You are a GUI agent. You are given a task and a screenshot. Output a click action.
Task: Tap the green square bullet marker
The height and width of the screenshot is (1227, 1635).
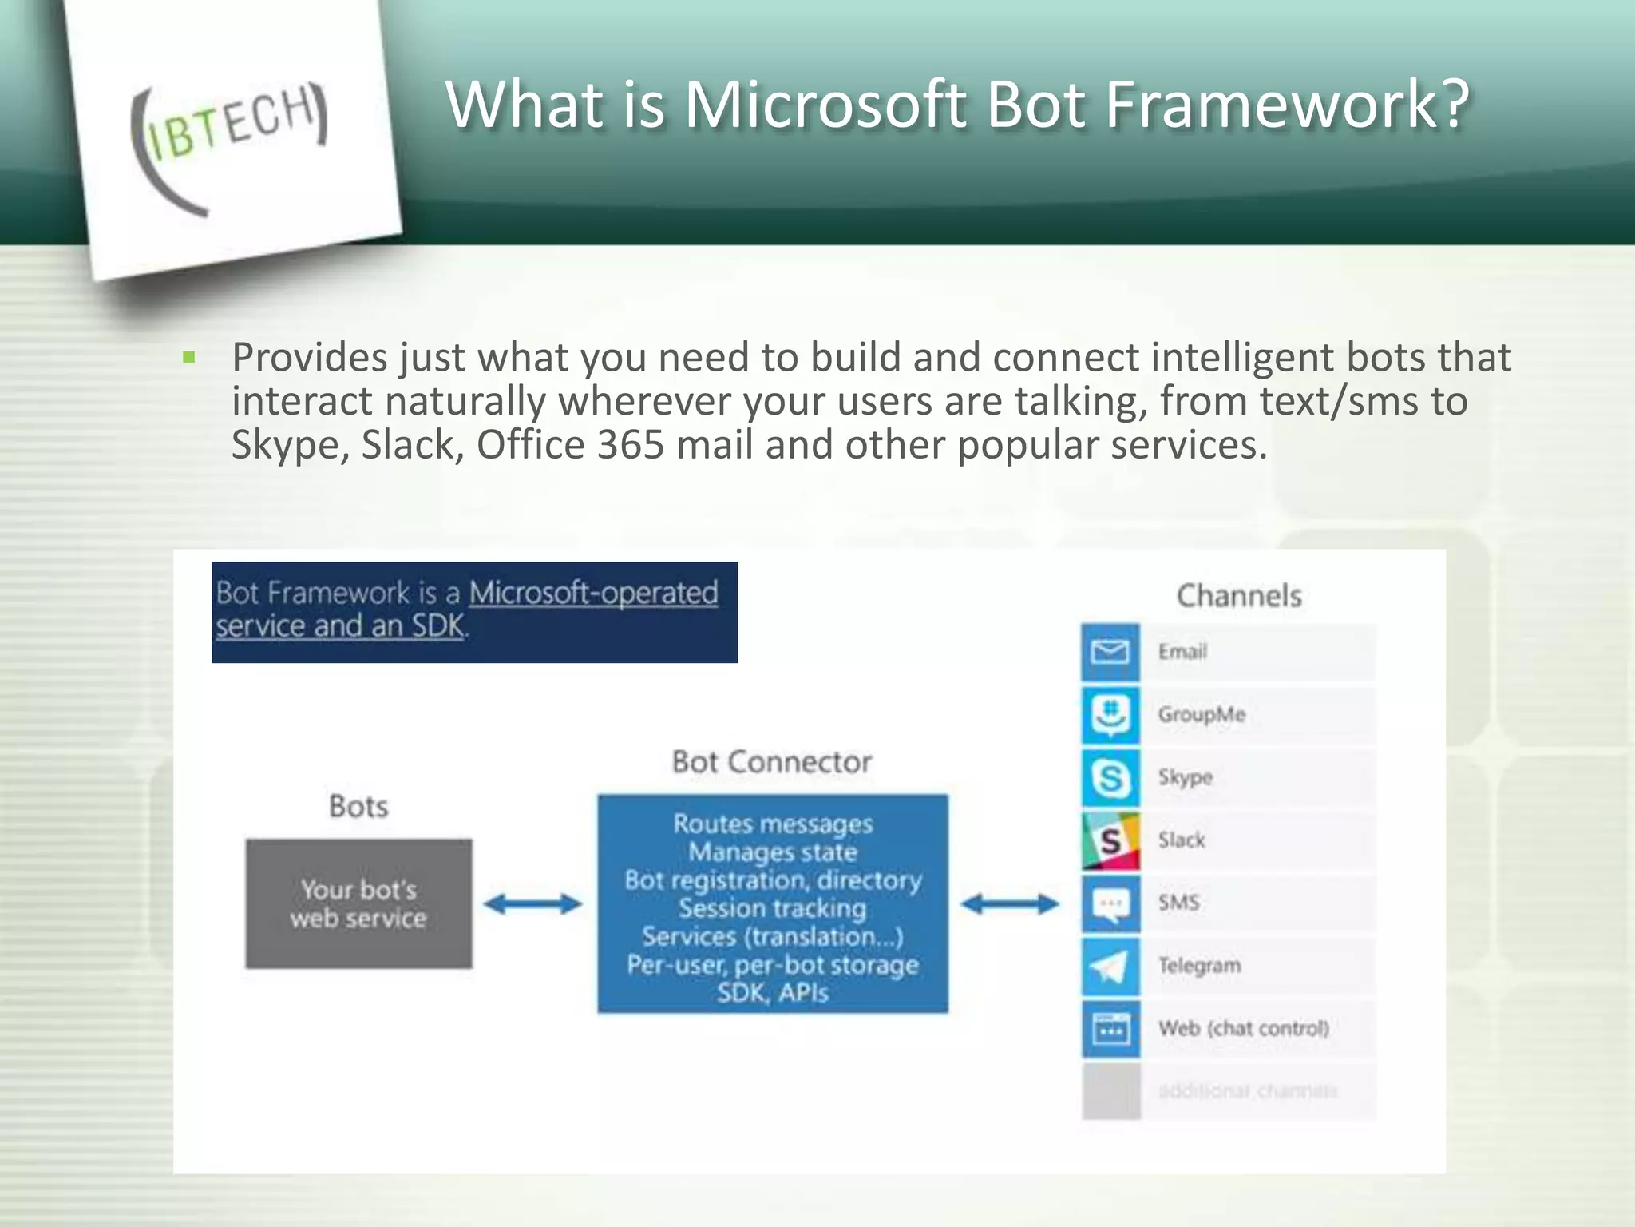[x=189, y=357]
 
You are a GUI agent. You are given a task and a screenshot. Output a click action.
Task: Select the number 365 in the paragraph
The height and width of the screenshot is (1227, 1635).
[x=630, y=445]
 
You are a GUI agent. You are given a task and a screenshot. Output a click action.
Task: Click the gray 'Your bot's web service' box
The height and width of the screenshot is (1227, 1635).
[x=358, y=903]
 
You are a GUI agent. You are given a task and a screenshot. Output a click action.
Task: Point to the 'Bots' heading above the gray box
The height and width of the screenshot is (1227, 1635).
[x=358, y=806]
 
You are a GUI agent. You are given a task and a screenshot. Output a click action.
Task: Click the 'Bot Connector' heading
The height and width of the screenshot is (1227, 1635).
[x=771, y=761]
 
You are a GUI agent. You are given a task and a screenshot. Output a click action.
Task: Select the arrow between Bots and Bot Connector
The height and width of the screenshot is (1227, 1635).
[x=533, y=904]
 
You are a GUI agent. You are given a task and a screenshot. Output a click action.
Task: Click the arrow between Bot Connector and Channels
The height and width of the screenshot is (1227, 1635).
[x=1010, y=904]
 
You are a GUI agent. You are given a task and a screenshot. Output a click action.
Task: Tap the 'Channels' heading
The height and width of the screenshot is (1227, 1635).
[x=1238, y=596]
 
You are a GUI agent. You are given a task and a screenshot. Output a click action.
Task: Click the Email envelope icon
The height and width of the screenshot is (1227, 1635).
[x=1110, y=652]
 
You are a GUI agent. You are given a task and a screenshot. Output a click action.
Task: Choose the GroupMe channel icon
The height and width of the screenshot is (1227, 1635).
[x=1110, y=714]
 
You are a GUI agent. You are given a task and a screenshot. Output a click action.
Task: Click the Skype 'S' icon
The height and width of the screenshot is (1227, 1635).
[x=1110, y=777]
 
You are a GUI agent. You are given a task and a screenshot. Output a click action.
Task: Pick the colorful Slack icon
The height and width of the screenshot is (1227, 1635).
[x=1110, y=840]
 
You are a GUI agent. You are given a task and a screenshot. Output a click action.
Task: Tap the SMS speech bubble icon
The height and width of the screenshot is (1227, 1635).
[x=1110, y=903]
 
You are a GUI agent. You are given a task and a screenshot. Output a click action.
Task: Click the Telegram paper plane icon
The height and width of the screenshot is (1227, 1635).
[x=1110, y=966]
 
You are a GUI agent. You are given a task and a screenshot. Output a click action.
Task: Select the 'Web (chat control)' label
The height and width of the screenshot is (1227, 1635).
[x=1244, y=1028]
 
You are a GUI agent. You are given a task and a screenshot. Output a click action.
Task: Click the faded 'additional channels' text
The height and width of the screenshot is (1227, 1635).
[x=1247, y=1091]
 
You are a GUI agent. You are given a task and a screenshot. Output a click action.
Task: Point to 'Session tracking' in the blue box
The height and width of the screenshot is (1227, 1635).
[x=772, y=908]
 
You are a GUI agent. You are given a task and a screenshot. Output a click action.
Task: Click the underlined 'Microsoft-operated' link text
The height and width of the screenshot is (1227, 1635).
[x=593, y=593]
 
